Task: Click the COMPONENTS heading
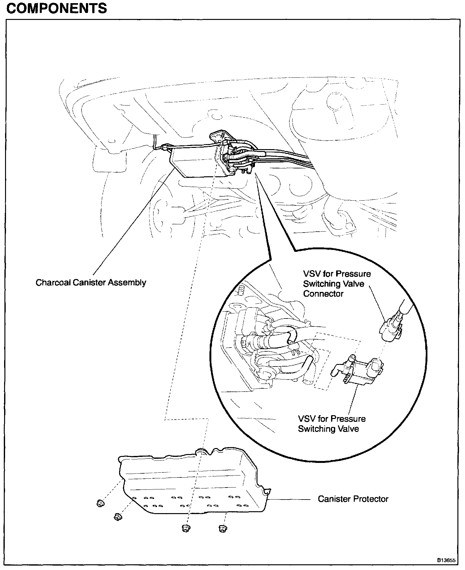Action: [x=57, y=8]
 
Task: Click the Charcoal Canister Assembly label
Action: [x=91, y=282]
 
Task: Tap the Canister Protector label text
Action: [x=353, y=499]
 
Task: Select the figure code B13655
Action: [x=446, y=560]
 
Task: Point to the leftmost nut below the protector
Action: [x=100, y=503]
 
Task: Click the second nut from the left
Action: [x=118, y=516]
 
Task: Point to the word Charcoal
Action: [x=53, y=282]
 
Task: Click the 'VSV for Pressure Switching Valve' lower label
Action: [x=331, y=424]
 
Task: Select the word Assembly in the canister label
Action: [x=127, y=282]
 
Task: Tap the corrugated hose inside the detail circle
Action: [x=269, y=341]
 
